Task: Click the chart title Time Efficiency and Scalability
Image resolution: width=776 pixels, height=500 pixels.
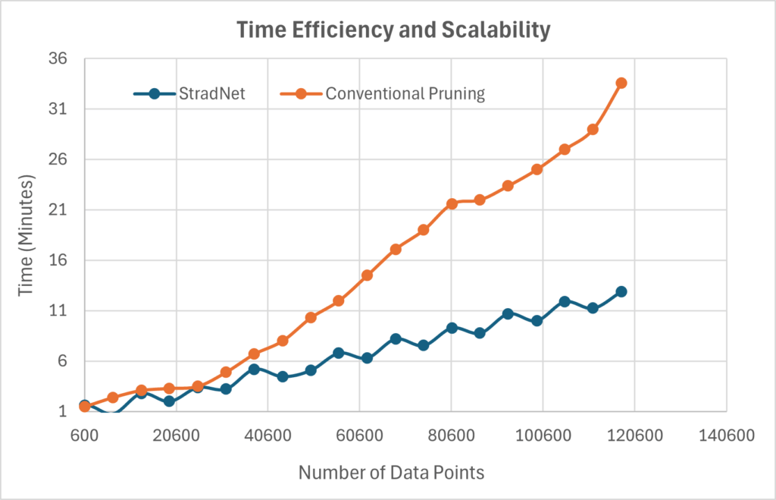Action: pos(393,30)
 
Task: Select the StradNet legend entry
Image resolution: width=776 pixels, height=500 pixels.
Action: pos(189,94)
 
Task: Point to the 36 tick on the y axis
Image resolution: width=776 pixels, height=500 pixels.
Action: pos(59,59)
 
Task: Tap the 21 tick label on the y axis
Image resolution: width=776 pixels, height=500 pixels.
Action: pos(59,210)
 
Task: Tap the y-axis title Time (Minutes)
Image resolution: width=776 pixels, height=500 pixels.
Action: pos(27,235)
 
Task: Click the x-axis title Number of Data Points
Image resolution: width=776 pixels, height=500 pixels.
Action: pos(391,473)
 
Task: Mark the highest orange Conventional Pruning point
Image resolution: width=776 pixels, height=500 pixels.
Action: pos(621,83)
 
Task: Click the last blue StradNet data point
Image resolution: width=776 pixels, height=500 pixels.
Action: pos(621,291)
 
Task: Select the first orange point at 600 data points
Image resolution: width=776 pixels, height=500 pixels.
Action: pos(85,407)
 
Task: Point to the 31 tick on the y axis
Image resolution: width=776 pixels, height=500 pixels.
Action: pos(59,109)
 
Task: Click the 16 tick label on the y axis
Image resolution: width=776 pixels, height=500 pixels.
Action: pos(59,260)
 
